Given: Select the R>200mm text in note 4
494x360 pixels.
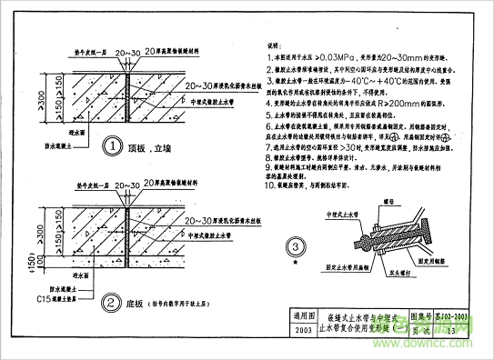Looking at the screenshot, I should (x=428, y=105).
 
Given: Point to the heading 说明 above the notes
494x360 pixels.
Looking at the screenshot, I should (x=273, y=44).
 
